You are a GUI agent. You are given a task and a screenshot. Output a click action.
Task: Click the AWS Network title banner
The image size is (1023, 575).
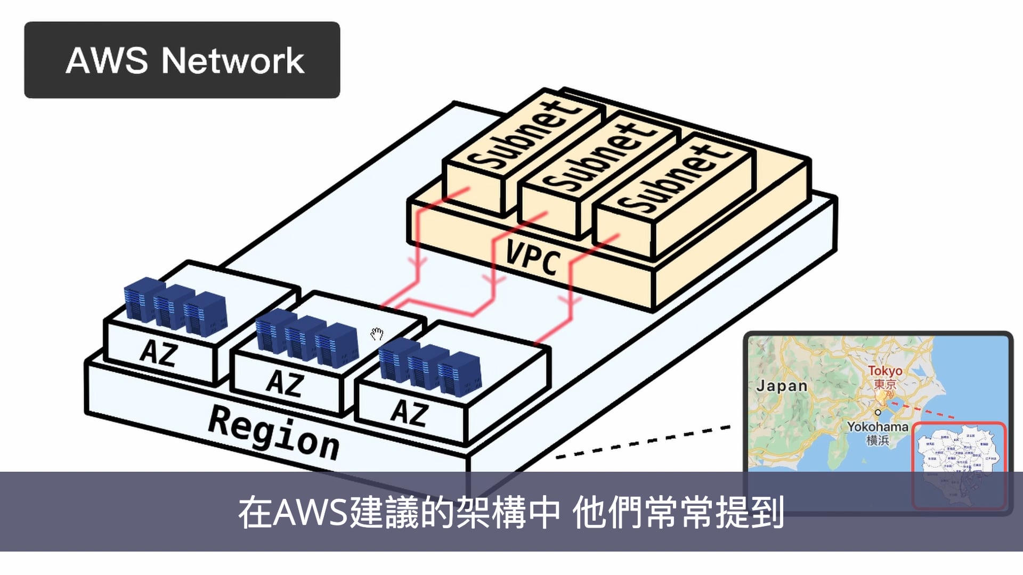coord(182,60)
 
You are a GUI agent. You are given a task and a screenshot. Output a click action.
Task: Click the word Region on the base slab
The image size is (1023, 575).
coord(273,432)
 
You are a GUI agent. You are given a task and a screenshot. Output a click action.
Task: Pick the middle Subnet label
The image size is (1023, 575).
coord(599,157)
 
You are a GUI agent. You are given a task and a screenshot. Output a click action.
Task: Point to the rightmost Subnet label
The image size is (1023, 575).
coord(674,178)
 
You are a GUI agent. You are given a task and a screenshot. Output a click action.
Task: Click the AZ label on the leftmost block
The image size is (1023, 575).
coord(158,352)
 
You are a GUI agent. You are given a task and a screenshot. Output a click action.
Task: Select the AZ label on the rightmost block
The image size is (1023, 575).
coord(409,413)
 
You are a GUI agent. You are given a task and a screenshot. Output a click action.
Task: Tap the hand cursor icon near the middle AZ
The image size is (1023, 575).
coord(377,334)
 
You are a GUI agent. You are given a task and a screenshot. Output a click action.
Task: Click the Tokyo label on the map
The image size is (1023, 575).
coord(884,371)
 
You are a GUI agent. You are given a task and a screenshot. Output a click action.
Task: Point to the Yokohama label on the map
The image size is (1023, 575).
coord(877,426)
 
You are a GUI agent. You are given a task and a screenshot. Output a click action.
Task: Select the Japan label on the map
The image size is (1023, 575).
coord(782,385)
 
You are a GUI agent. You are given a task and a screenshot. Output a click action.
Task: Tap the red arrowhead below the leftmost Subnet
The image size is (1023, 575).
coord(419,262)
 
